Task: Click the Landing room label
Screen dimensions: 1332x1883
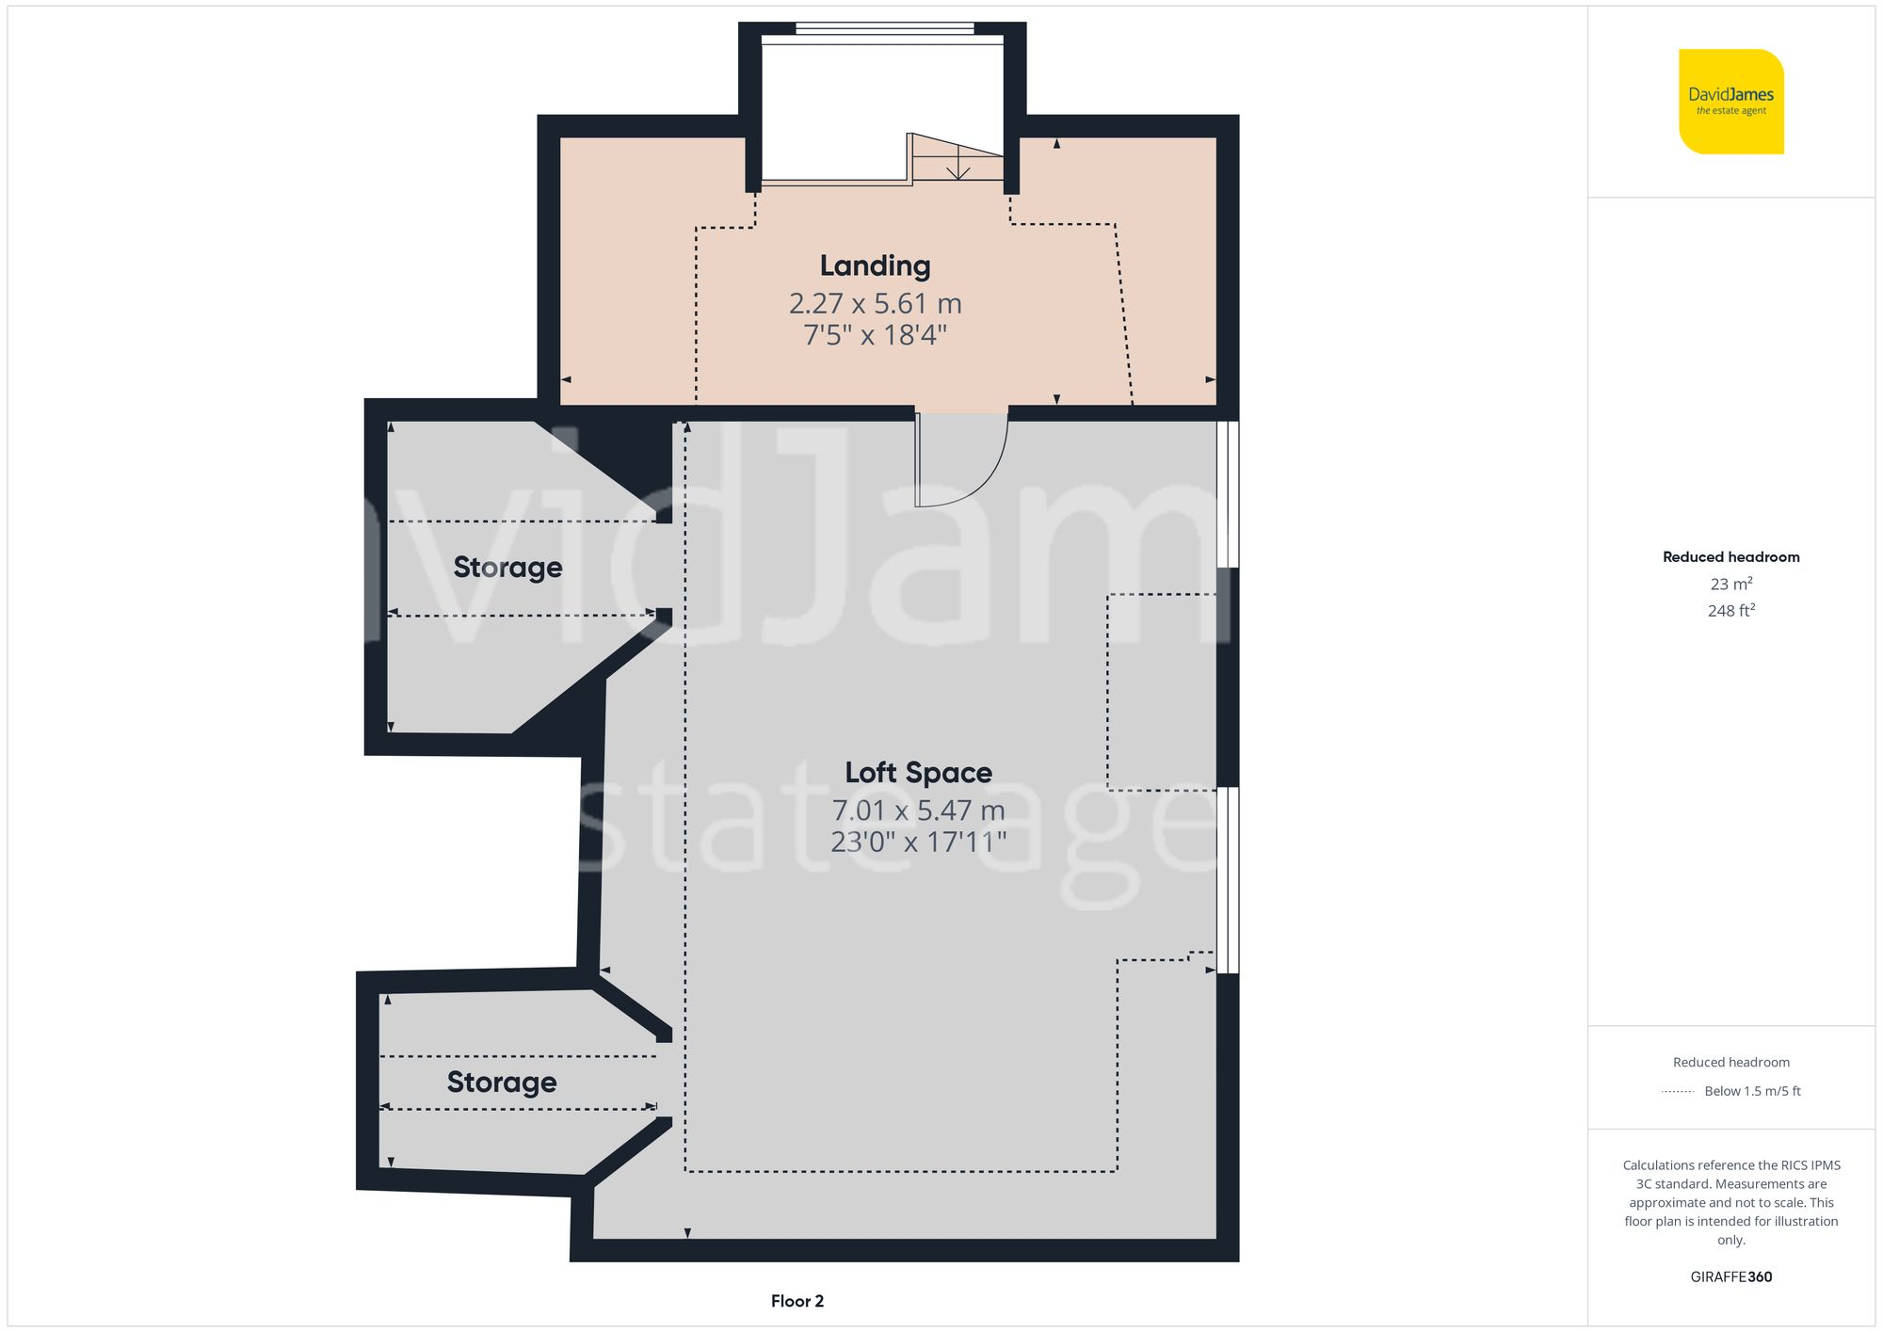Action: pos(875,266)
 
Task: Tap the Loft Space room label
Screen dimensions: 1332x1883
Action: pos(918,773)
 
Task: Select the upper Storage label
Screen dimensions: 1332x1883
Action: pos(507,568)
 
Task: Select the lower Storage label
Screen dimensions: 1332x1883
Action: pos(501,1083)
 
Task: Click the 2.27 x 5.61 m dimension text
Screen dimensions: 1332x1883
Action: pos(875,304)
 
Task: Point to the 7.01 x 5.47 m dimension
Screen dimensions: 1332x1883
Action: pos(918,810)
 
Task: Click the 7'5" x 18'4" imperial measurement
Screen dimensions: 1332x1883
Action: pos(875,335)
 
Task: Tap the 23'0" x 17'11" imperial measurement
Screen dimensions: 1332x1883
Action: pos(918,842)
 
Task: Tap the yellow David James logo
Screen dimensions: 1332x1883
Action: pos(1730,102)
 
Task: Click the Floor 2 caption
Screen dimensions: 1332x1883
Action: pos(797,1301)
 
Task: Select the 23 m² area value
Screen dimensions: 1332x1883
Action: pos(1730,584)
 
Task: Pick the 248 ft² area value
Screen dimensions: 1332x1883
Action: pos(1730,611)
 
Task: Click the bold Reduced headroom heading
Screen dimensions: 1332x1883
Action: pos(1730,557)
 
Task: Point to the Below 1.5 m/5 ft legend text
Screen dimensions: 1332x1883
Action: pos(1752,1091)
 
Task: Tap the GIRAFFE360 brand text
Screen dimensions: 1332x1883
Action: pos(1730,1277)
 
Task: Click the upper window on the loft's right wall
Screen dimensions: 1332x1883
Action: pos(1227,494)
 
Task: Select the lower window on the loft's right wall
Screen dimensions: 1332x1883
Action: pos(1227,880)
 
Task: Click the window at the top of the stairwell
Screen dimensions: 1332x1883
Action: pos(884,29)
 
